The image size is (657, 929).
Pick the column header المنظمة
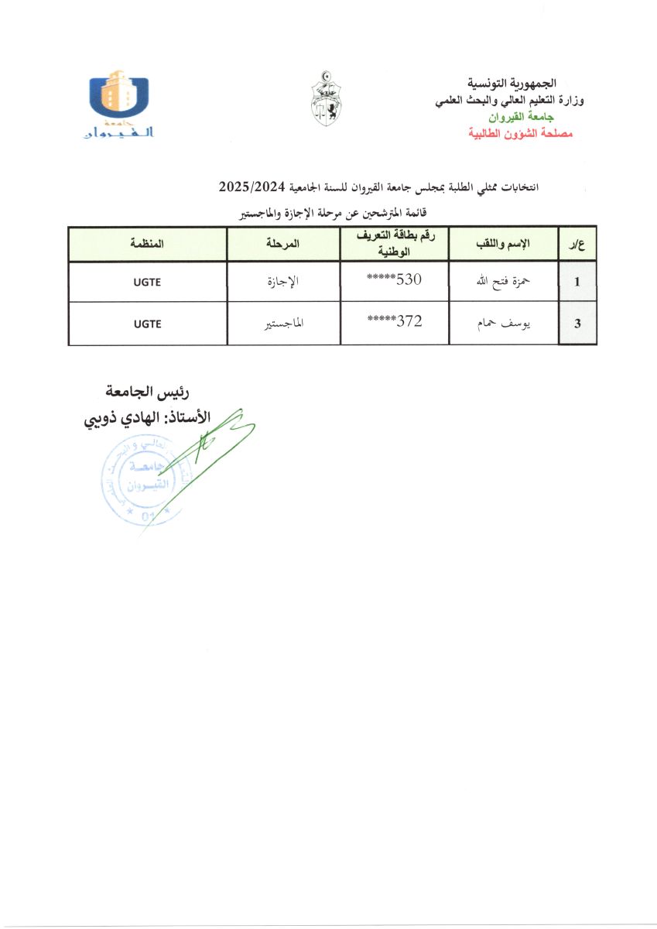click(x=147, y=244)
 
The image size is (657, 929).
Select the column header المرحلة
click(x=282, y=244)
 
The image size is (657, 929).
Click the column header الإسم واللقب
click(x=503, y=244)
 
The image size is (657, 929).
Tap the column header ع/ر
click(x=577, y=244)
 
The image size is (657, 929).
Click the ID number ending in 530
click(x=395, y=281)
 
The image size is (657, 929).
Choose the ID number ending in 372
click(x=395, y=323)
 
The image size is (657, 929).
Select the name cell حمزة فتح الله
click(x=503, y=282)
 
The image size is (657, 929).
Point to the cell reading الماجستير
click(x=282, y=324)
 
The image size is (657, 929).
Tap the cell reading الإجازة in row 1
click(x=282, y=282)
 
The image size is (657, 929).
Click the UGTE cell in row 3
click(x=147, y=324)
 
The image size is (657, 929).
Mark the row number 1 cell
click(x=577, y=282)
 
